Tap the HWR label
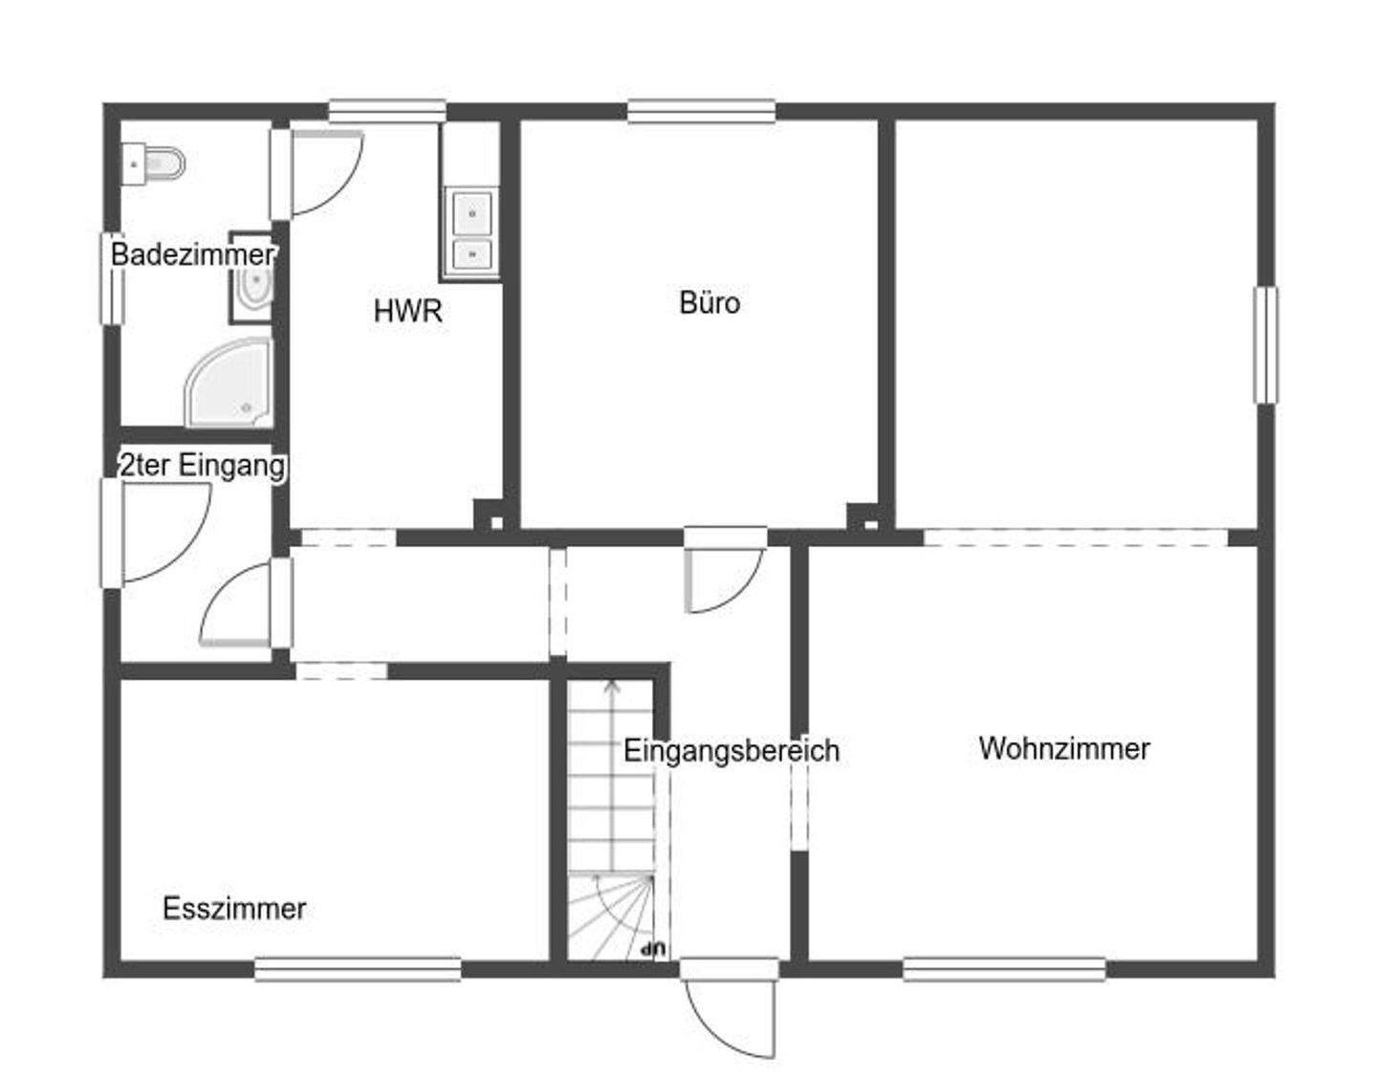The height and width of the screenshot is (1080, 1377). point(407,311)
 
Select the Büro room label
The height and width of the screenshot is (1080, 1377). point(710,302)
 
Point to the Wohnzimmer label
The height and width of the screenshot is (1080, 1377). point(1064,748)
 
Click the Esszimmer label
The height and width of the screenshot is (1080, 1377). point(234,908)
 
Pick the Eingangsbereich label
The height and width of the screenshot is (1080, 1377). point(732,751)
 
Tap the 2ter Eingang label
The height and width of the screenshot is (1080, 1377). point(203,466)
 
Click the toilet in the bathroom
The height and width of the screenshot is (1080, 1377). point(155,165)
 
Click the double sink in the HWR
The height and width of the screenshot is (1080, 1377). point(471,230)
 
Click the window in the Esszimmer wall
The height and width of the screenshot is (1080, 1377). point(358,969)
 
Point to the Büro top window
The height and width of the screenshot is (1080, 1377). point(701,112)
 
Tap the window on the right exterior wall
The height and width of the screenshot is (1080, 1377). point(1265,344)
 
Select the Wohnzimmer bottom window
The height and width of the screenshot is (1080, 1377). point(1004,969)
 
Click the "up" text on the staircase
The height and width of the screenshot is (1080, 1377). point(654,949)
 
